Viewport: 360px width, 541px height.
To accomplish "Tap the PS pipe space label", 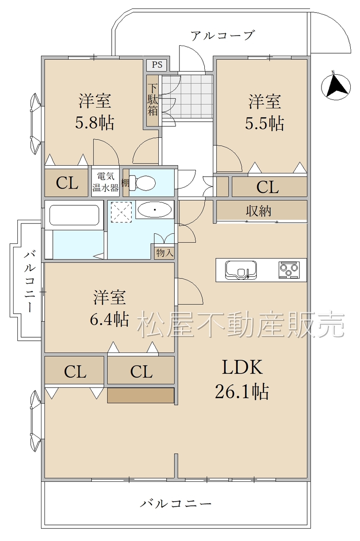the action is [x=157, y=65].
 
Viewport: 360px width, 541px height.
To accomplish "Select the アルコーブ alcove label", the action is [x=222, y=36].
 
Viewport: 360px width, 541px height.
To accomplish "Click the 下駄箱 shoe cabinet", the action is [x=153, y=100].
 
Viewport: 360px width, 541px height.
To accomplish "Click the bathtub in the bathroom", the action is [x=74, y=215].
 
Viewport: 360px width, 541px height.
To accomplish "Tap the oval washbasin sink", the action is [x=155, y=209].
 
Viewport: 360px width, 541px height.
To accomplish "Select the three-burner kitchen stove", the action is [x=289, y=270].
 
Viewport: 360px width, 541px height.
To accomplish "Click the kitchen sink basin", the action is [x=241, y=270].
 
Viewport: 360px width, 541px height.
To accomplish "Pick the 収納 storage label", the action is [x=259, y=211].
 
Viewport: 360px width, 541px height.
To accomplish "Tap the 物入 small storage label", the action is [x=165, y=253].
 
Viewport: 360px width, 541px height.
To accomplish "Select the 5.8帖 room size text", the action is [x=94, y=123].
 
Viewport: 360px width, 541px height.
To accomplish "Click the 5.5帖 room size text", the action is [x=264, y=123].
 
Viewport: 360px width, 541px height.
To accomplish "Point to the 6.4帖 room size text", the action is [x=109, y=319].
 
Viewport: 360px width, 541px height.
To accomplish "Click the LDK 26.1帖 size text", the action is [x=242, y=379].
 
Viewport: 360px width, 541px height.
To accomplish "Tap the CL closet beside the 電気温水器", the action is [x=67, y=183].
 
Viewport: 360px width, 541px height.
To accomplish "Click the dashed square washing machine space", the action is [x=121, y=212].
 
